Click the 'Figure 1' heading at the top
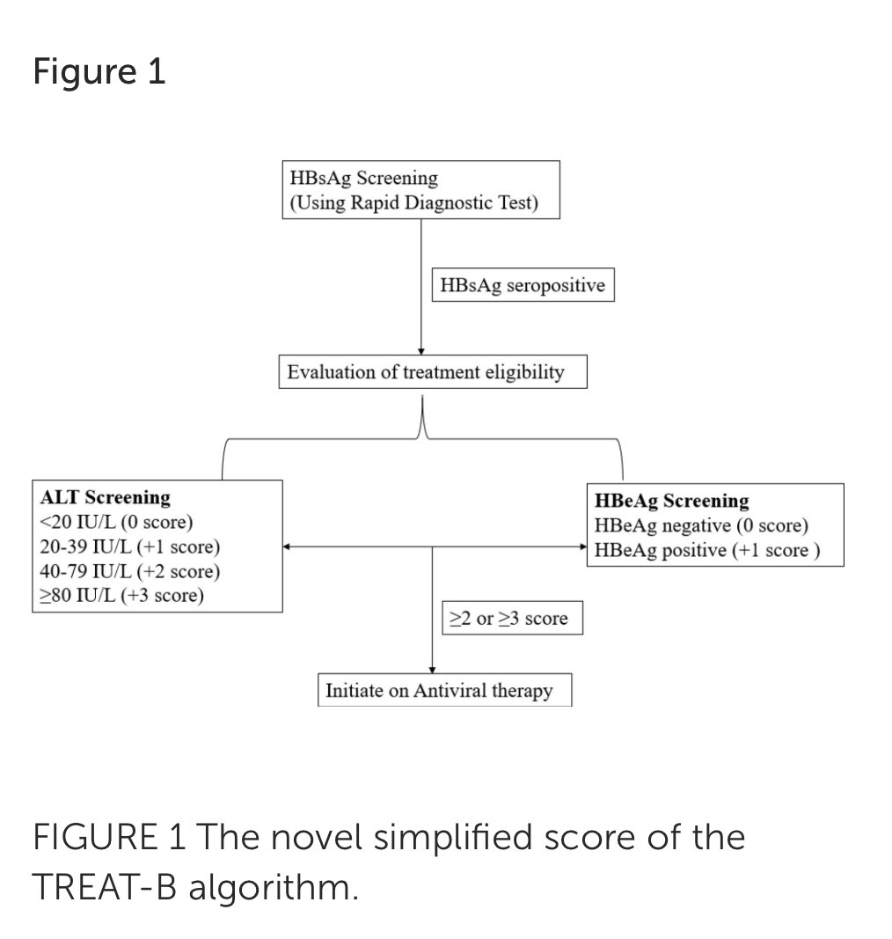pyautogui.click(x=99, y=72)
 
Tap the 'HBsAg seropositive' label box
pyautogui.click(x=523, y=287)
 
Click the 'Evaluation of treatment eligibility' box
pyautogui.click(x=425, y=372)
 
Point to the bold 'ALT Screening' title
pyautogui.click(x=106, y=497)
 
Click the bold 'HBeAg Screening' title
pyautogui.click(x=672, y=501)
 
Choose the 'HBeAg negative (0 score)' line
pyautogui.click(x=701, y=525)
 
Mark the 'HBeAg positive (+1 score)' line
pyautogui.click(x=707, y=550)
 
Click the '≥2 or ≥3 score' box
pyautogui.click(x=510, y=619)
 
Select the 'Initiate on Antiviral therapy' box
pyautogui.click(x=439, y=690)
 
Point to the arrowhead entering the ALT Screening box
pyautogui.click(x=288, y=547)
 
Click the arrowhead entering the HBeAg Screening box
pyautogui.click(x=582, y=547)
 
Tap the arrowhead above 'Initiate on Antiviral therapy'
pyautogui.click(x=432, y=670)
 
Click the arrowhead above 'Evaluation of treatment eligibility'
pyautogui.click(x=421, y=351)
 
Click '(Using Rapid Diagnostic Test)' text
pyautogui.click(x=413, y=203)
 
